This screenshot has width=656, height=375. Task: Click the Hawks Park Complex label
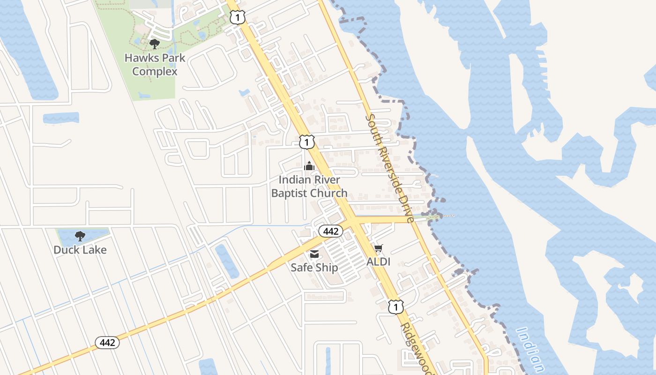(x=155, y=65)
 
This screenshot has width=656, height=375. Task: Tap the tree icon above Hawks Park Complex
(x=154, y=44)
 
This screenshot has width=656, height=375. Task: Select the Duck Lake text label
(x=80, y=250)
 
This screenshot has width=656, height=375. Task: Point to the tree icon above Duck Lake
(x=80, y=236)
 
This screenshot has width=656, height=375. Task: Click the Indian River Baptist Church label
(x=309, y=186)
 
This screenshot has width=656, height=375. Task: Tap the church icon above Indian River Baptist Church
(x=309, y=166)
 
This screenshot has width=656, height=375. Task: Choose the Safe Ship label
(x=314, y=267)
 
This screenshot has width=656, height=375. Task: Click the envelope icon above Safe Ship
(x=314, y=254)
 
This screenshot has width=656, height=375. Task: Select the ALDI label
(x=378, y=262)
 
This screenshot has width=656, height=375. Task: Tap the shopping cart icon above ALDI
(x=378, y=248)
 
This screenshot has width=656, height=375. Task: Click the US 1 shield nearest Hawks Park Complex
(x=238, y=18)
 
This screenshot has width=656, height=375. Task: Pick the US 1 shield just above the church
(x=306, y=142)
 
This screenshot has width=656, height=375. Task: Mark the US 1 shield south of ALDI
(x=396, y=307)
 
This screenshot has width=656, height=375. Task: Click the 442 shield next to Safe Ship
(x=331, y=231)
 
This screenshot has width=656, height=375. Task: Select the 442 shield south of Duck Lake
(x=107, y=343)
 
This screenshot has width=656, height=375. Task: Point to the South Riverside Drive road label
(x=389, y=168)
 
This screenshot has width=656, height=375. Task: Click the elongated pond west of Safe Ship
(x=227, y=261)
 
